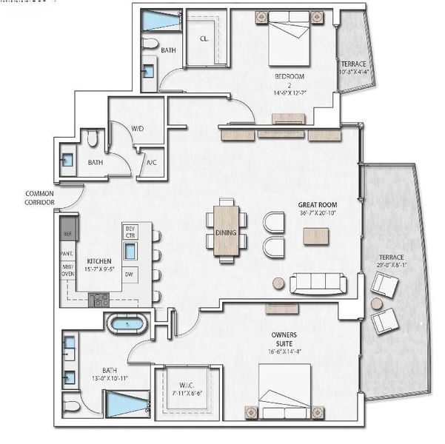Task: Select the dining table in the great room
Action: click(226, 230)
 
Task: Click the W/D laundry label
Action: click(138, 129)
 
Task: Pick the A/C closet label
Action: click(150, 162)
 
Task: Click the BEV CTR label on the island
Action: click(130, 232)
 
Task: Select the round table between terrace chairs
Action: click(377, 303)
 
